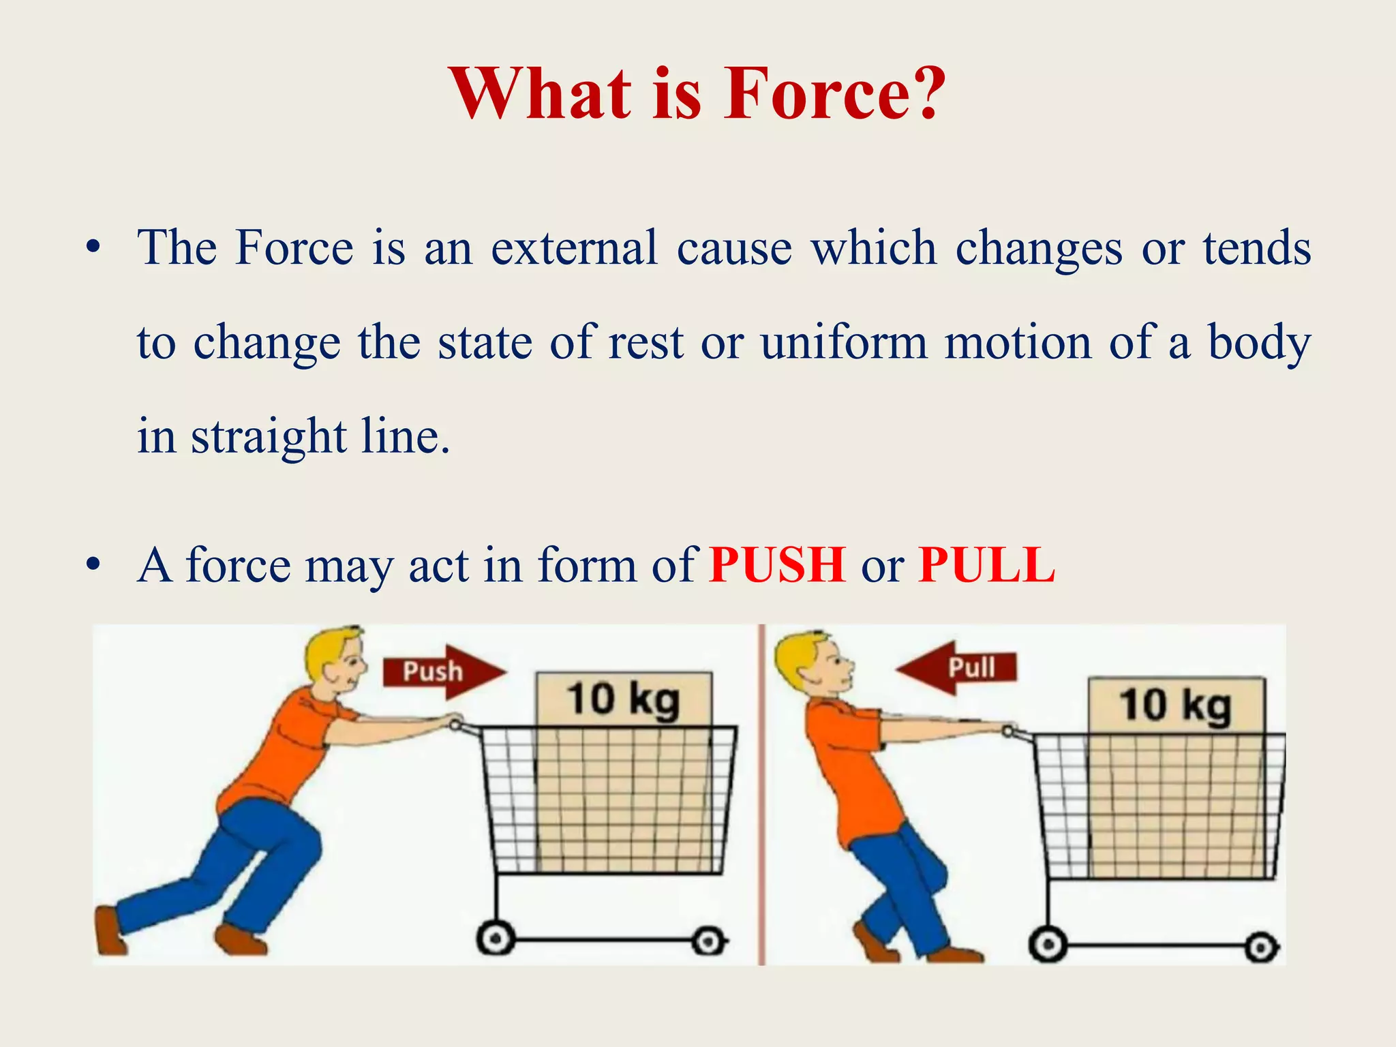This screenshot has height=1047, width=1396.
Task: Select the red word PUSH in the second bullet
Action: coord(777,565)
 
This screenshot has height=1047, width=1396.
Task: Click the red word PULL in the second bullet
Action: coord(986,565)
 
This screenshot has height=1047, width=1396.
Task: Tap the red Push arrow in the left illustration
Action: coord(443,671)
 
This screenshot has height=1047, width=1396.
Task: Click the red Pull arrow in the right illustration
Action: coord(958,667)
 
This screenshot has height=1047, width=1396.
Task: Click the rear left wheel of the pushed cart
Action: coord(496,941)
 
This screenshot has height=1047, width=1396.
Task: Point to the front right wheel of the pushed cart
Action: coord(708,942)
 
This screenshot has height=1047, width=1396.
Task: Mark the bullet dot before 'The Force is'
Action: coord(93,248)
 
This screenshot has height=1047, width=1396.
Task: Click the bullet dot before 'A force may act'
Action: coord(93,566)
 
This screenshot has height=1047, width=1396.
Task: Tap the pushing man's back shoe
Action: coord(109,930)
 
